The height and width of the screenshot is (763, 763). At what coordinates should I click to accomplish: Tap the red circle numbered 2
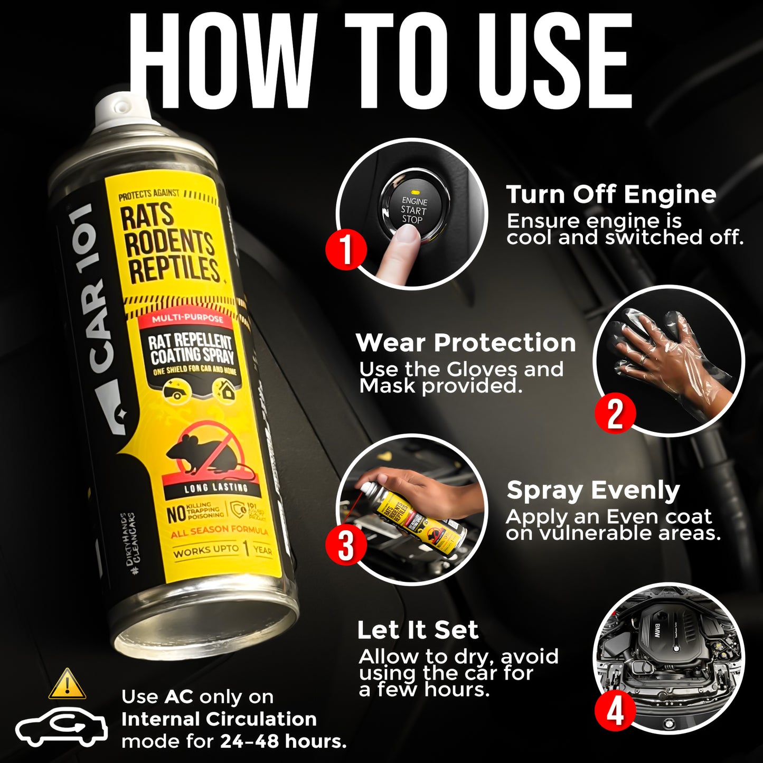[x=615, y=413]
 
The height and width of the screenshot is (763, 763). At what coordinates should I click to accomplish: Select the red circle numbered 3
[x=346, y=545]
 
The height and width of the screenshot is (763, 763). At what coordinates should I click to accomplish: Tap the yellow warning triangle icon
[x=67, y=684]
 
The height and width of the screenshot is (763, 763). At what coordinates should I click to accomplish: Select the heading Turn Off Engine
[x=611, y=194]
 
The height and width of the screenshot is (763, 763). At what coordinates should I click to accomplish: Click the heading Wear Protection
[x=466, y=343]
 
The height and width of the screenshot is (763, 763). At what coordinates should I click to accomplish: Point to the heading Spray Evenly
[x=593, y=491]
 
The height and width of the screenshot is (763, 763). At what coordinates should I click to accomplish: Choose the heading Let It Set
[x=418, y=630]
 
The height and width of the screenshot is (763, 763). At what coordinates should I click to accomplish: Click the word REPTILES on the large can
[x=174, y=269]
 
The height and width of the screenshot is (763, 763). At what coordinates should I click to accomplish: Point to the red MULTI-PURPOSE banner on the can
[x=187, y=319]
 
